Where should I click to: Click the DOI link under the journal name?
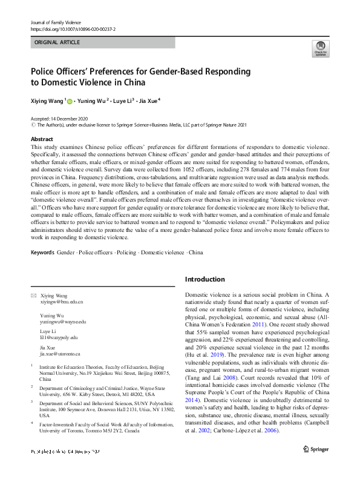click(x=72, y=28)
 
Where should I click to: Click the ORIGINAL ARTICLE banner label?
click(x=57, y=43)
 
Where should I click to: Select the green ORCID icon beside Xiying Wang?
click(x=70, y=102)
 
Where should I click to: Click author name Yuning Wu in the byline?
click(x=93, y=101)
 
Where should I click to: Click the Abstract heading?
click(x=42, y=139)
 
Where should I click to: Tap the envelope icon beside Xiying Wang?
click(x=33, y=295)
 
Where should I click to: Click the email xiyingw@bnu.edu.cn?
click(x=62, y=301)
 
